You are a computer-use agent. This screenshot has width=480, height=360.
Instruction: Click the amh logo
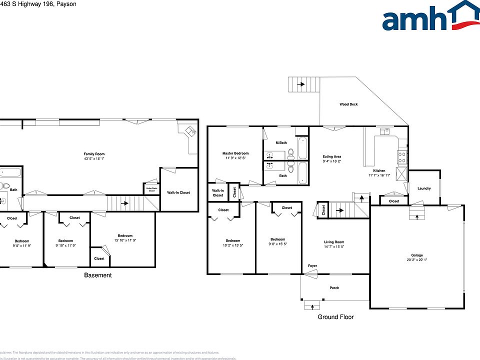tap(430, 17)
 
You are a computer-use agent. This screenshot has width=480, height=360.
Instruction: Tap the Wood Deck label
tap(348, 104)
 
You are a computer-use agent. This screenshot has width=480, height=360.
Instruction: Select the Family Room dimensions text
tap(94, 159)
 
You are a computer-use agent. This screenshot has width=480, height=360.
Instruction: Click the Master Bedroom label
tap(235, 153)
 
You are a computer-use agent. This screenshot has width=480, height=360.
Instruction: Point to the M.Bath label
tap(281, 143)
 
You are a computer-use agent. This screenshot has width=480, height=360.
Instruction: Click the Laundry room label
tap(424, 188)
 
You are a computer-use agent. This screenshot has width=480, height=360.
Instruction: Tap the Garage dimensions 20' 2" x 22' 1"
tap(416, 260)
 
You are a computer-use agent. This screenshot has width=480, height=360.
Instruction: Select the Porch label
tap(334, 288)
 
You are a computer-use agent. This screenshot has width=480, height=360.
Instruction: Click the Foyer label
tap(312, 266)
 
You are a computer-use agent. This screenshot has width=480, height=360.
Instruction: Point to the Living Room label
tap(334, 242)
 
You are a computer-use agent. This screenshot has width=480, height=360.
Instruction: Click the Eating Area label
tap(331, 157)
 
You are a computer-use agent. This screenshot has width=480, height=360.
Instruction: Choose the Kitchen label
tap(375, 170)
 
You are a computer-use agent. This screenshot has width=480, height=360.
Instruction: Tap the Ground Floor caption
tap(335, 317)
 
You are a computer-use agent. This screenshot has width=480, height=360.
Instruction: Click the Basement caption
tap(98, 275)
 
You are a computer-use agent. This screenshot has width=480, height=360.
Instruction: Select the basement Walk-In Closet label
tap(178, 192)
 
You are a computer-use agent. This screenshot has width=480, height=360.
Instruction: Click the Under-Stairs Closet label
tap(151, 189)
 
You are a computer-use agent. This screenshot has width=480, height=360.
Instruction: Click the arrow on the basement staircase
tap(125, 203)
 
